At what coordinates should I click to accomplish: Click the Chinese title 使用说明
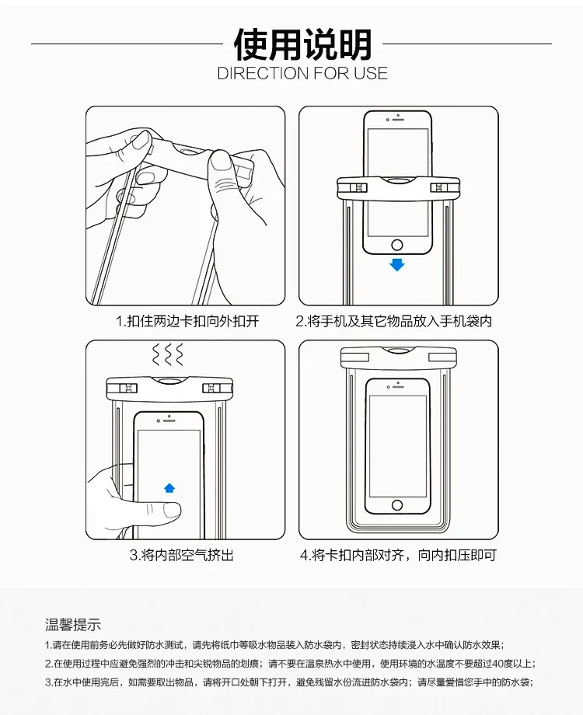302,44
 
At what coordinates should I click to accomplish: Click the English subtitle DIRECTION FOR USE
302,73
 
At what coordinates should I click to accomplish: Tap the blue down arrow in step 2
397,264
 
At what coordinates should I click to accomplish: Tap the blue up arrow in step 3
169,488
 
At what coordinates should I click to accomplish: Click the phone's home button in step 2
397,246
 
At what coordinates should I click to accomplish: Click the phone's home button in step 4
397,505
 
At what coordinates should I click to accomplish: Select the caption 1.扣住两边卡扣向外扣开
187,322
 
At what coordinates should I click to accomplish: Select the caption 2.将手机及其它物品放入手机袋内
394,322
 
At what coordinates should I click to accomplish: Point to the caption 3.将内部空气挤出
182,555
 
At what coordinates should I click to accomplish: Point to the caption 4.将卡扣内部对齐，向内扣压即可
398,555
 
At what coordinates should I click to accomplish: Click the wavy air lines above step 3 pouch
168,354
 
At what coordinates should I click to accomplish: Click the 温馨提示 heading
73,624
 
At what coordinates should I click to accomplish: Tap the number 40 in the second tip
498,664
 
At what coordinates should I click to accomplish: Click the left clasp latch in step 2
358,188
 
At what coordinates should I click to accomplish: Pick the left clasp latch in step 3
127,388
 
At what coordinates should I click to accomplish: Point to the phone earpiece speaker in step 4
399,387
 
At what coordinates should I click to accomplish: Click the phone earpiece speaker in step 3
170,420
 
